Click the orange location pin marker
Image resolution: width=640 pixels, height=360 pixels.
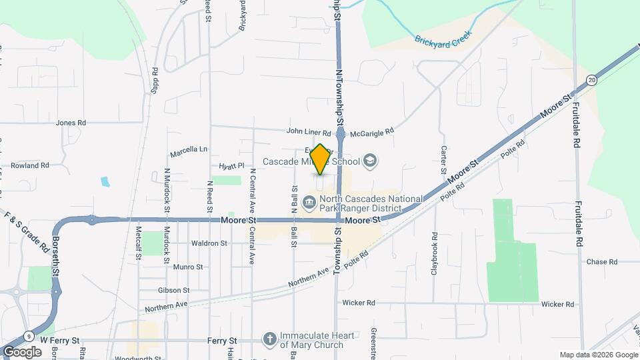(320, 159)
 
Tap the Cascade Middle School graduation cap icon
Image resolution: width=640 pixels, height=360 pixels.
(371, 161)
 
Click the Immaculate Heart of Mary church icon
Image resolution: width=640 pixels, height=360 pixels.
(269, 339)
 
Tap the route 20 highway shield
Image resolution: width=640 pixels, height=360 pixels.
(592, 79)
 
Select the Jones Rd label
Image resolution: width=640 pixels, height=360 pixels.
(71, 123)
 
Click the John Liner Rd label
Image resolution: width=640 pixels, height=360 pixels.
(309, 133)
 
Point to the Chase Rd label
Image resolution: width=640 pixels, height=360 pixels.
(602, 262)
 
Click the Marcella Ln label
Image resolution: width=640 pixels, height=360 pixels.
(189, 149)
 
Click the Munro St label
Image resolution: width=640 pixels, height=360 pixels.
(187, 267)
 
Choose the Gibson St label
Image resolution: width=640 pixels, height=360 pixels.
(174, 291)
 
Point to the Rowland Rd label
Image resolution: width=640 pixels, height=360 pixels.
(31, 165)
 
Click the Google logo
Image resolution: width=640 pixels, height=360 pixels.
(22, 351)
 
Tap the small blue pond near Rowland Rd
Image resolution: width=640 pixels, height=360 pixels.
(105, 181)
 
